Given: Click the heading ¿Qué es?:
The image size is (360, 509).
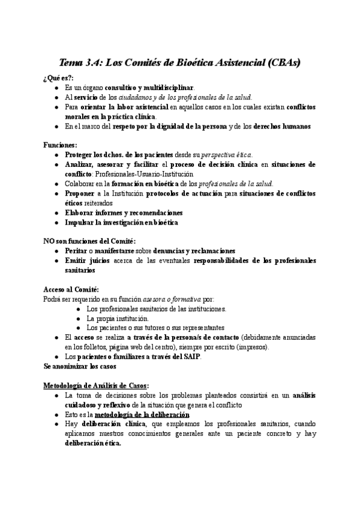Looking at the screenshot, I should (x=58, y=78).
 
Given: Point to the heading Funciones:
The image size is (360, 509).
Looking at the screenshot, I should (x=60, y=145).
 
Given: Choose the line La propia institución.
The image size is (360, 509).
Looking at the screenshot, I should (x=118, y=318).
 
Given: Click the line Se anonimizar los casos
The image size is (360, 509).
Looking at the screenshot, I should (x=80, y=366).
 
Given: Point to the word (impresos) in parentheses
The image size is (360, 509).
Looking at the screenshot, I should (x=251, y=347).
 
